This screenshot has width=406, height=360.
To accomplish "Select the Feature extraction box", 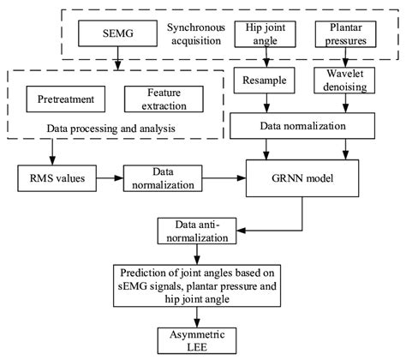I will (156, 99).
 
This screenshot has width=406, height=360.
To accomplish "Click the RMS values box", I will (51, 180).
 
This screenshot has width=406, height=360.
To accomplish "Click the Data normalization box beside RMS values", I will (155, 181).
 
